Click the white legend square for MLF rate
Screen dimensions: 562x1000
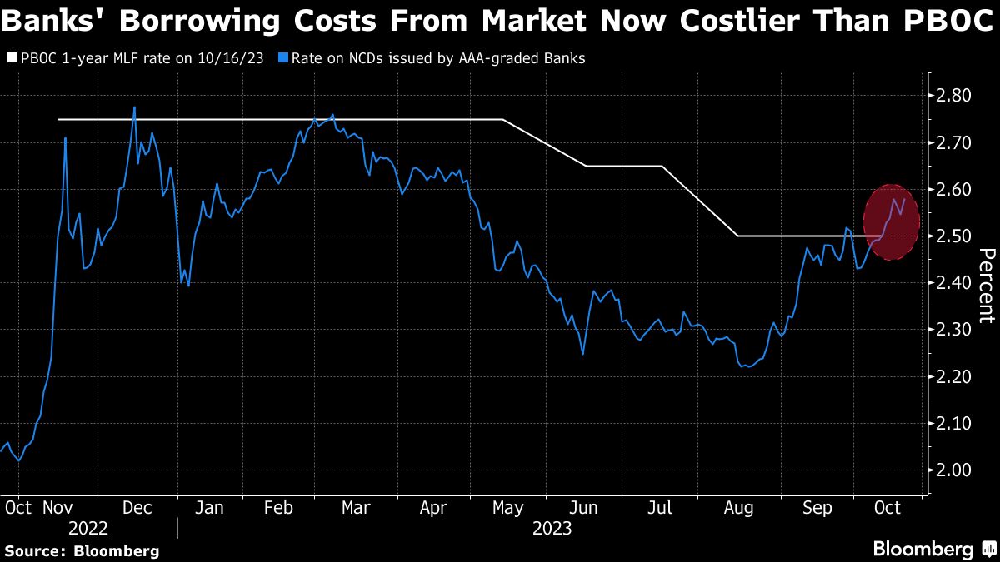(12, 59)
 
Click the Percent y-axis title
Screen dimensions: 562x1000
(986, 285)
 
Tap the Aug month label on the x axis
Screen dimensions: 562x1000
(738, 508)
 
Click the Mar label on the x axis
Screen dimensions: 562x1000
(356, 508)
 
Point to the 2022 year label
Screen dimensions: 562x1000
(88, 528)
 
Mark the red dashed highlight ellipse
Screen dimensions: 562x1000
(892, 221)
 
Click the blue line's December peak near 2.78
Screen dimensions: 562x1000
(134, 108)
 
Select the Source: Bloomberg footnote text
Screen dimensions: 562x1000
(82, 550)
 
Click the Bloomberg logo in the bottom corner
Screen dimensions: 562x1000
(933, 549)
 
